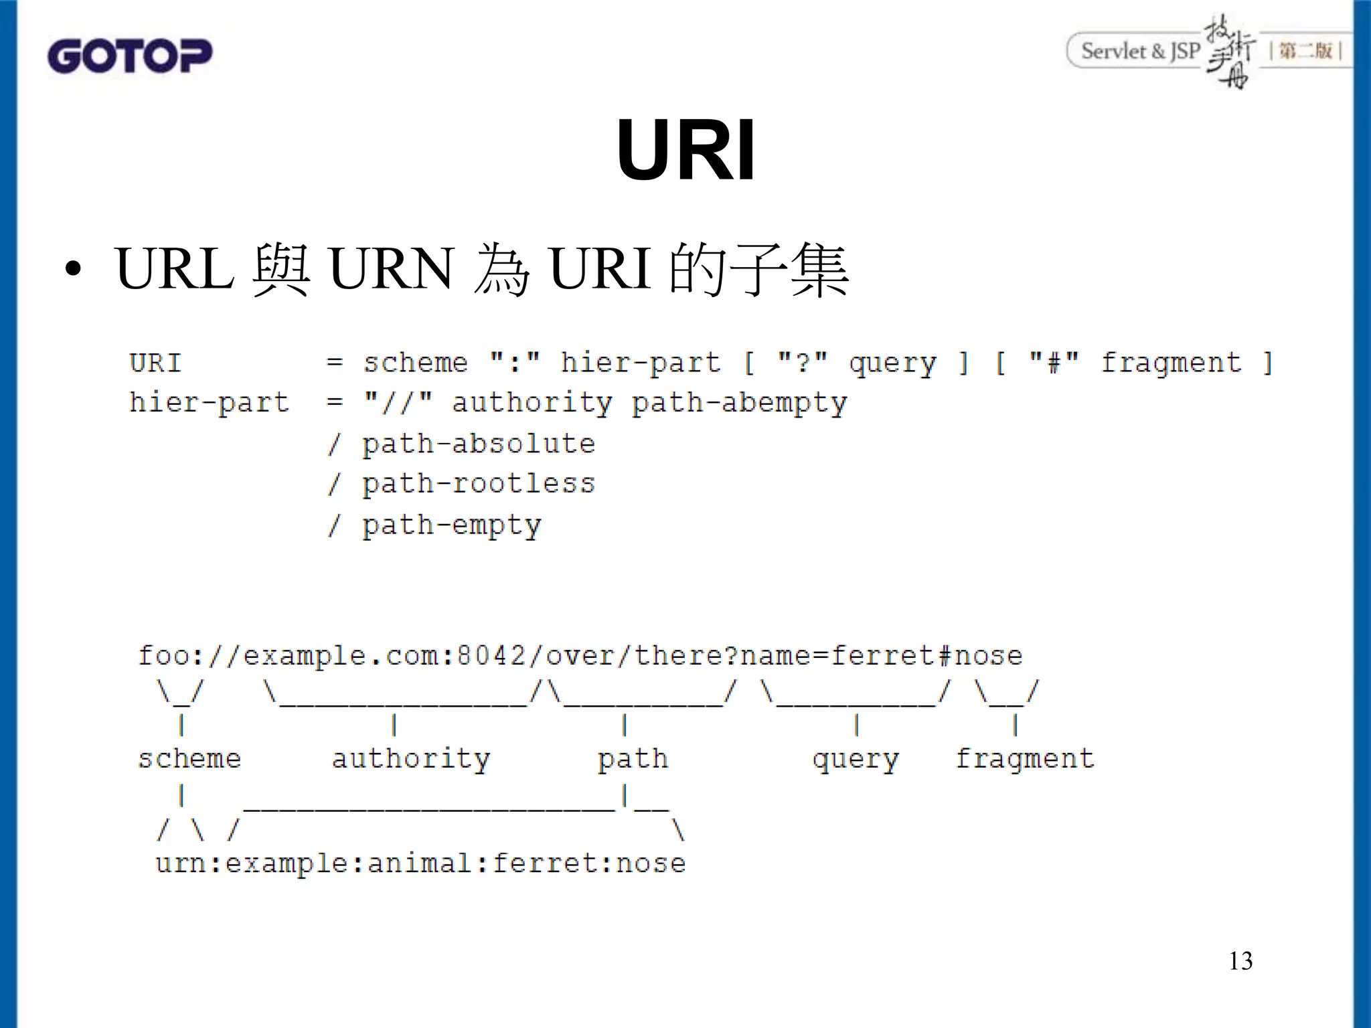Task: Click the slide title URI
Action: click(x=685, y=150)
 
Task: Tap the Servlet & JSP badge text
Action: click(x=1140, y=51)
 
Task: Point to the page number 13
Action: click(x=1240, y=961)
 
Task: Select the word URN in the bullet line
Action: click(x=391, y=269)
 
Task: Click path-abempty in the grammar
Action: click(x=739, y=403)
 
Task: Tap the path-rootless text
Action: click(x=478, y=484)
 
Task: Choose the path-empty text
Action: click(x=451, y=525)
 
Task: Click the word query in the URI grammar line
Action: click(x=892, y=363)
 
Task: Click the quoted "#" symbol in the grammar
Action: click(x=1054, y=362)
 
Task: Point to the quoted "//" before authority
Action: click(x=398, y=402)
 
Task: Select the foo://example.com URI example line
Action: click(x=580, y=656)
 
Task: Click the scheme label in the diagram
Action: click(x=189, y=759)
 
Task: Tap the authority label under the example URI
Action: click(x=411, y=759)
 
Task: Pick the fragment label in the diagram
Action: click(x=1024, y=759)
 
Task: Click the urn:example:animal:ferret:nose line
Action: click(x=420, y=863)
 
